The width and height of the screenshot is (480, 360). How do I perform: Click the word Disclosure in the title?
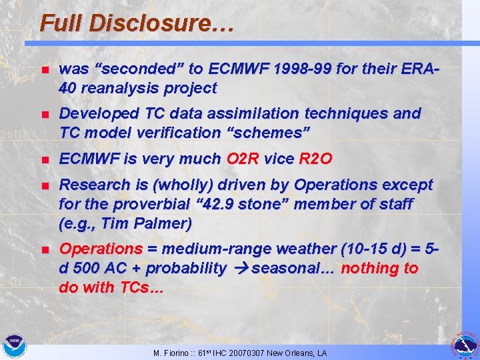(x=162, y=24)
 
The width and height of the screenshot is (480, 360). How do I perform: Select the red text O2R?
(x=244, y=159)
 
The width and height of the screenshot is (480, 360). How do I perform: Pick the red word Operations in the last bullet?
(x=101, y=249)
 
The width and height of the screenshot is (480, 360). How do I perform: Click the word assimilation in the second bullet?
(x=239, y=113)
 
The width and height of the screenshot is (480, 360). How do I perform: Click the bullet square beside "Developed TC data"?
(x=44, y=115)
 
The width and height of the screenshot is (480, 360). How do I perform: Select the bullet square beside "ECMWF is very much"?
(x=44, y=160)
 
